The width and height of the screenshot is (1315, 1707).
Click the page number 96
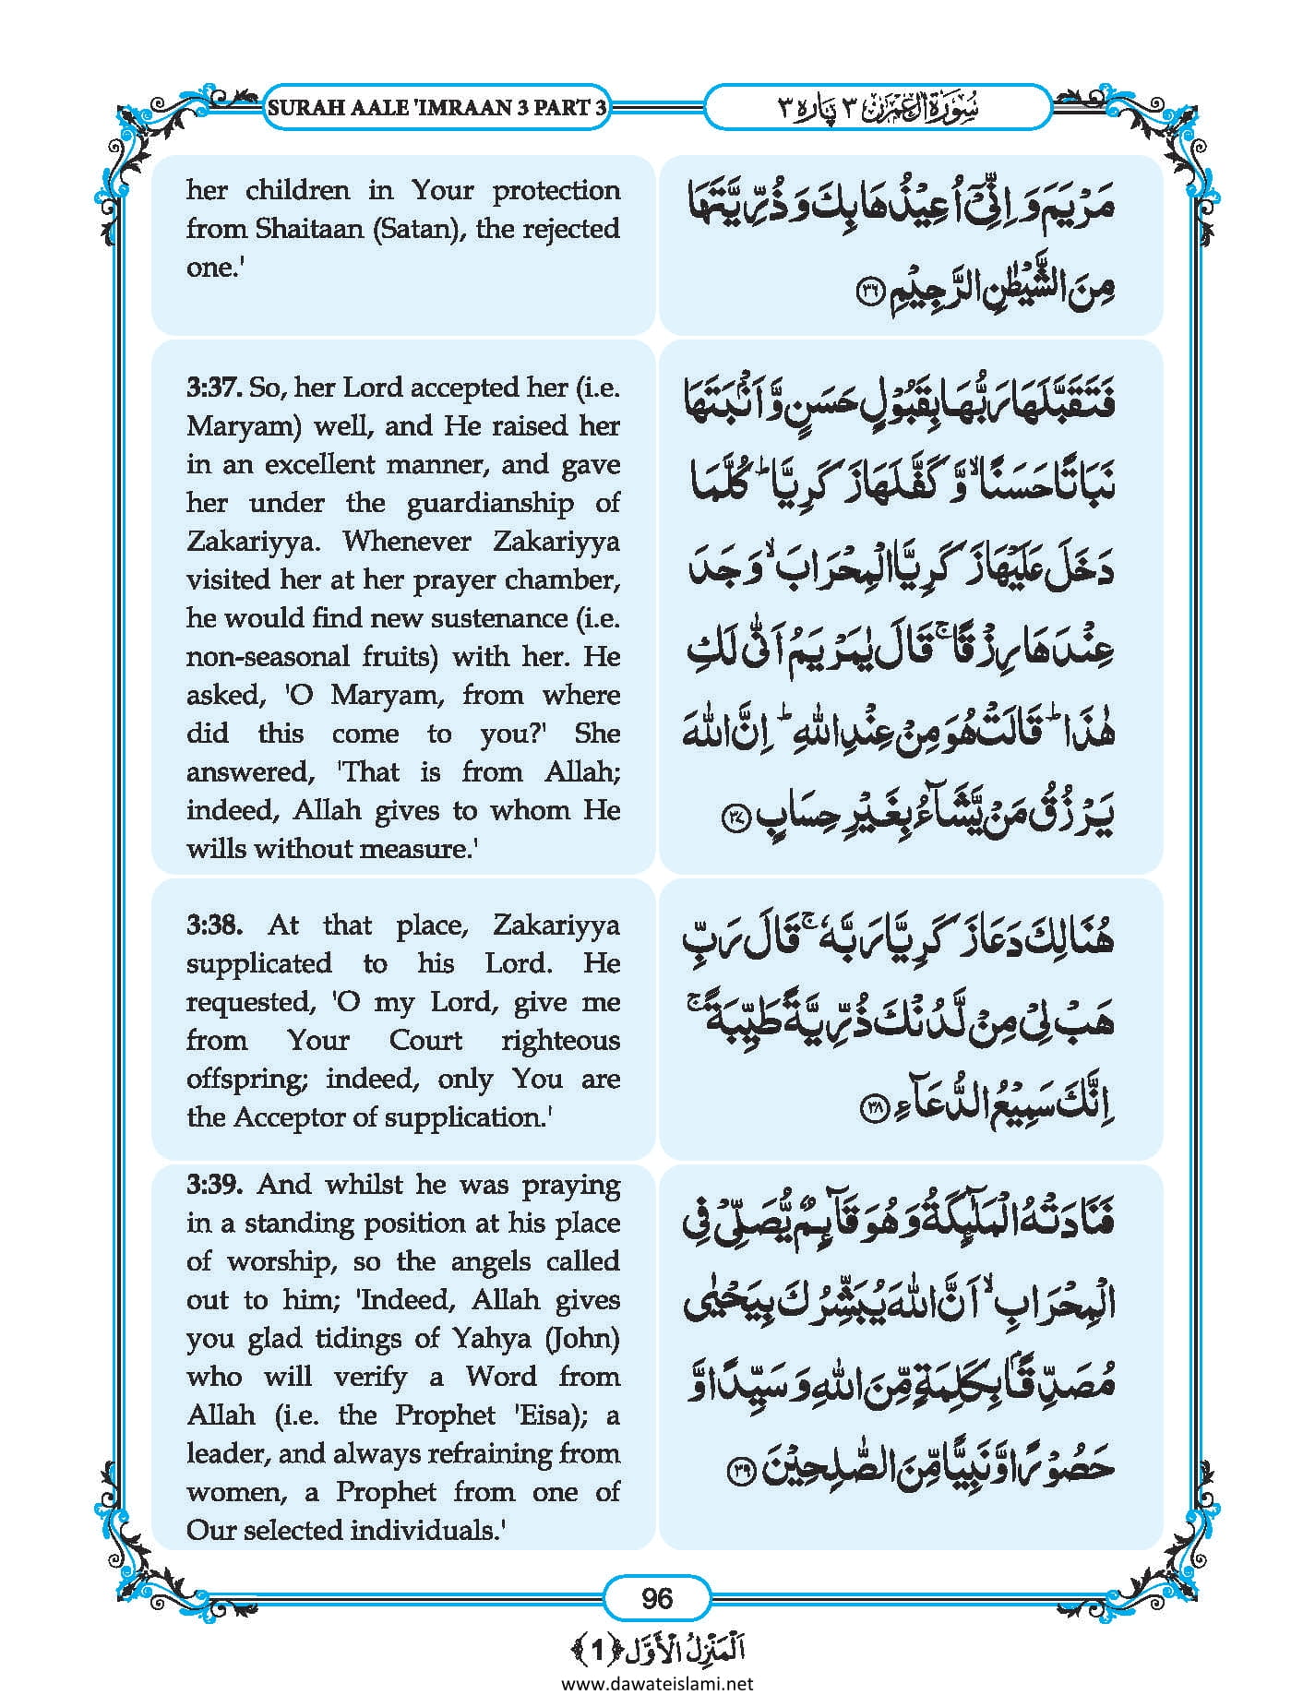coord(656,1597)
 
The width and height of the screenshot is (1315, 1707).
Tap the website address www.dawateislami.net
coord(657,1683)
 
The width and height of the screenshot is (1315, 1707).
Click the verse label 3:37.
coord(214,388)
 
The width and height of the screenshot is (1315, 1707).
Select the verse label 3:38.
coord(214,925)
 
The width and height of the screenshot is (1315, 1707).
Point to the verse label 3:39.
coord(214,1184)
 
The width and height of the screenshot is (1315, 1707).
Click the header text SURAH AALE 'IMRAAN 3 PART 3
coord(437,107)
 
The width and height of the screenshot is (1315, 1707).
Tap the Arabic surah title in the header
coord(877,107)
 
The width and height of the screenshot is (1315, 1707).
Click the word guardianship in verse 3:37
coord(489,503)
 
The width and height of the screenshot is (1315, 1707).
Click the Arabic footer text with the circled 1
coord(657,1648)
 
